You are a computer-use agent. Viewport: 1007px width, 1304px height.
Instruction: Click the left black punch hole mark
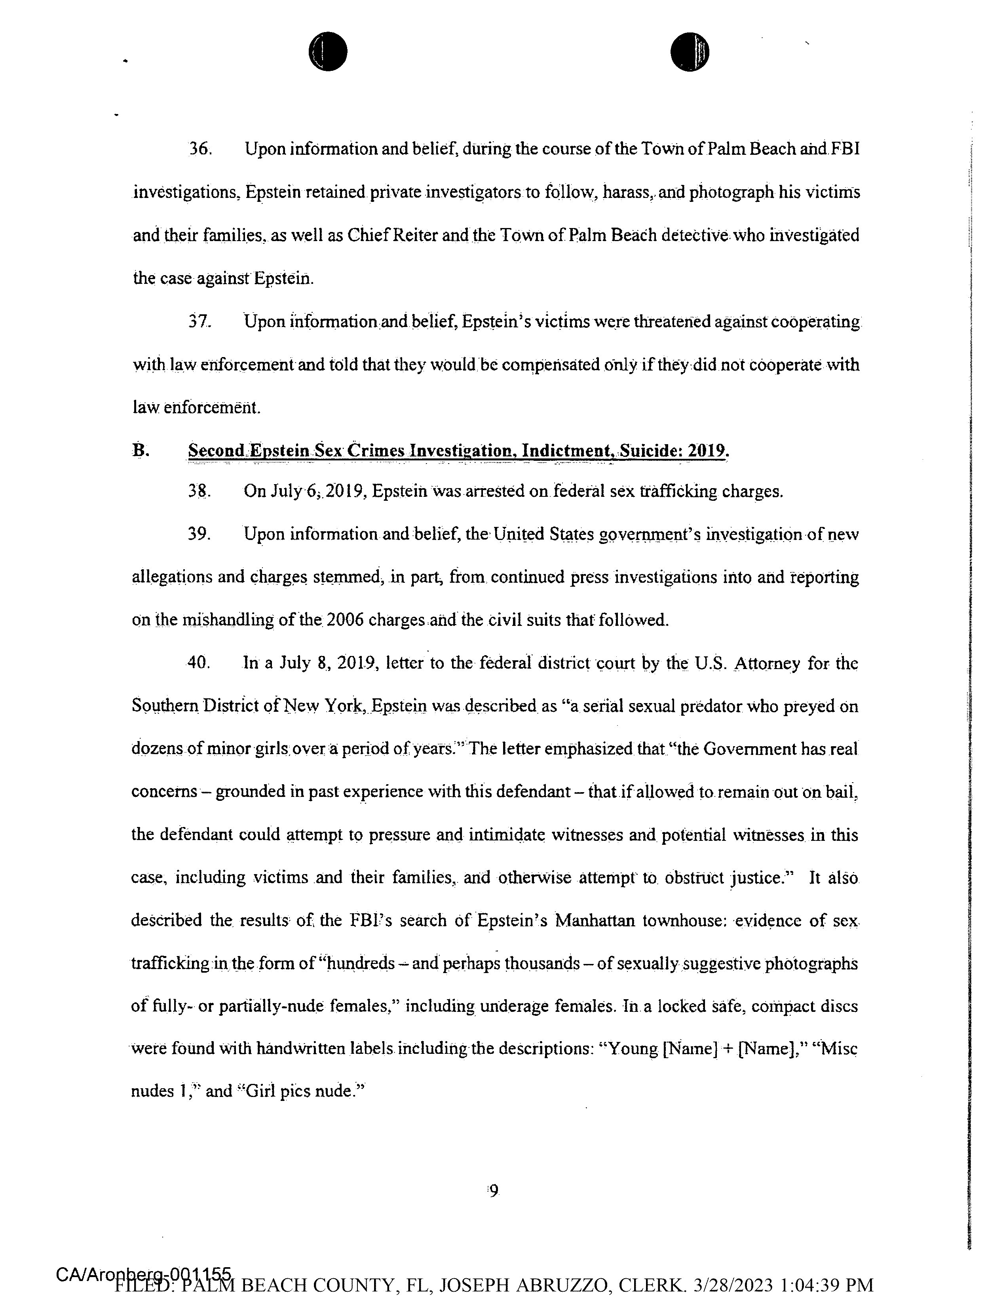tap(328, 51)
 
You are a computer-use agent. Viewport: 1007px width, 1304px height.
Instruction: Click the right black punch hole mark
tap(690, 51)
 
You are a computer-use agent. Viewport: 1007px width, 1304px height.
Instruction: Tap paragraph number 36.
tap(200, 149)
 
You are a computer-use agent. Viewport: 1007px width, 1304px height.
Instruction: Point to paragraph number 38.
tap(199, 491)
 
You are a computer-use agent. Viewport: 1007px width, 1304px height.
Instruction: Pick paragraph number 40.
tap(199, 663)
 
